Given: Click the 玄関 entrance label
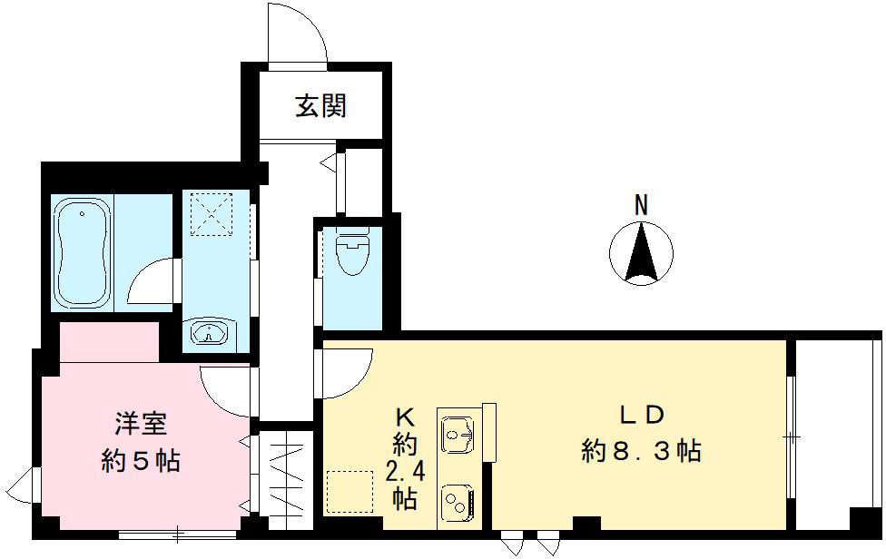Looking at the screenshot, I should [x=320, y=107].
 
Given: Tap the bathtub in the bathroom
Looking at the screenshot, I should [x=83, y=252].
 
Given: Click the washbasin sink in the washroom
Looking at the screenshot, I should [x=212, y=333].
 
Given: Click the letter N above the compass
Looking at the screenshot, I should [x=641, y=206].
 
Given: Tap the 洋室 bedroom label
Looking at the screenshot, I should [x=140, y=424].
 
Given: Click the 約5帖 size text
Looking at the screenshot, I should [x=140, y=461].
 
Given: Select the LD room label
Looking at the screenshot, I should [x=643, y=415].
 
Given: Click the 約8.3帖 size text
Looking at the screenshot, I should [x=642, y=450].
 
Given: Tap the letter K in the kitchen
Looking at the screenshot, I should [x=404, y=417].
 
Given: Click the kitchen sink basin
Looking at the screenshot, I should [x=458, y=432].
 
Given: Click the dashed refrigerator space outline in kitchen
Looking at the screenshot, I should [x=349, y=491].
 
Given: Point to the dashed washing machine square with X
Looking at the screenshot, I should [x=211, y=215].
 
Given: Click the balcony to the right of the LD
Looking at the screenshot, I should [x=838, y=436].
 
